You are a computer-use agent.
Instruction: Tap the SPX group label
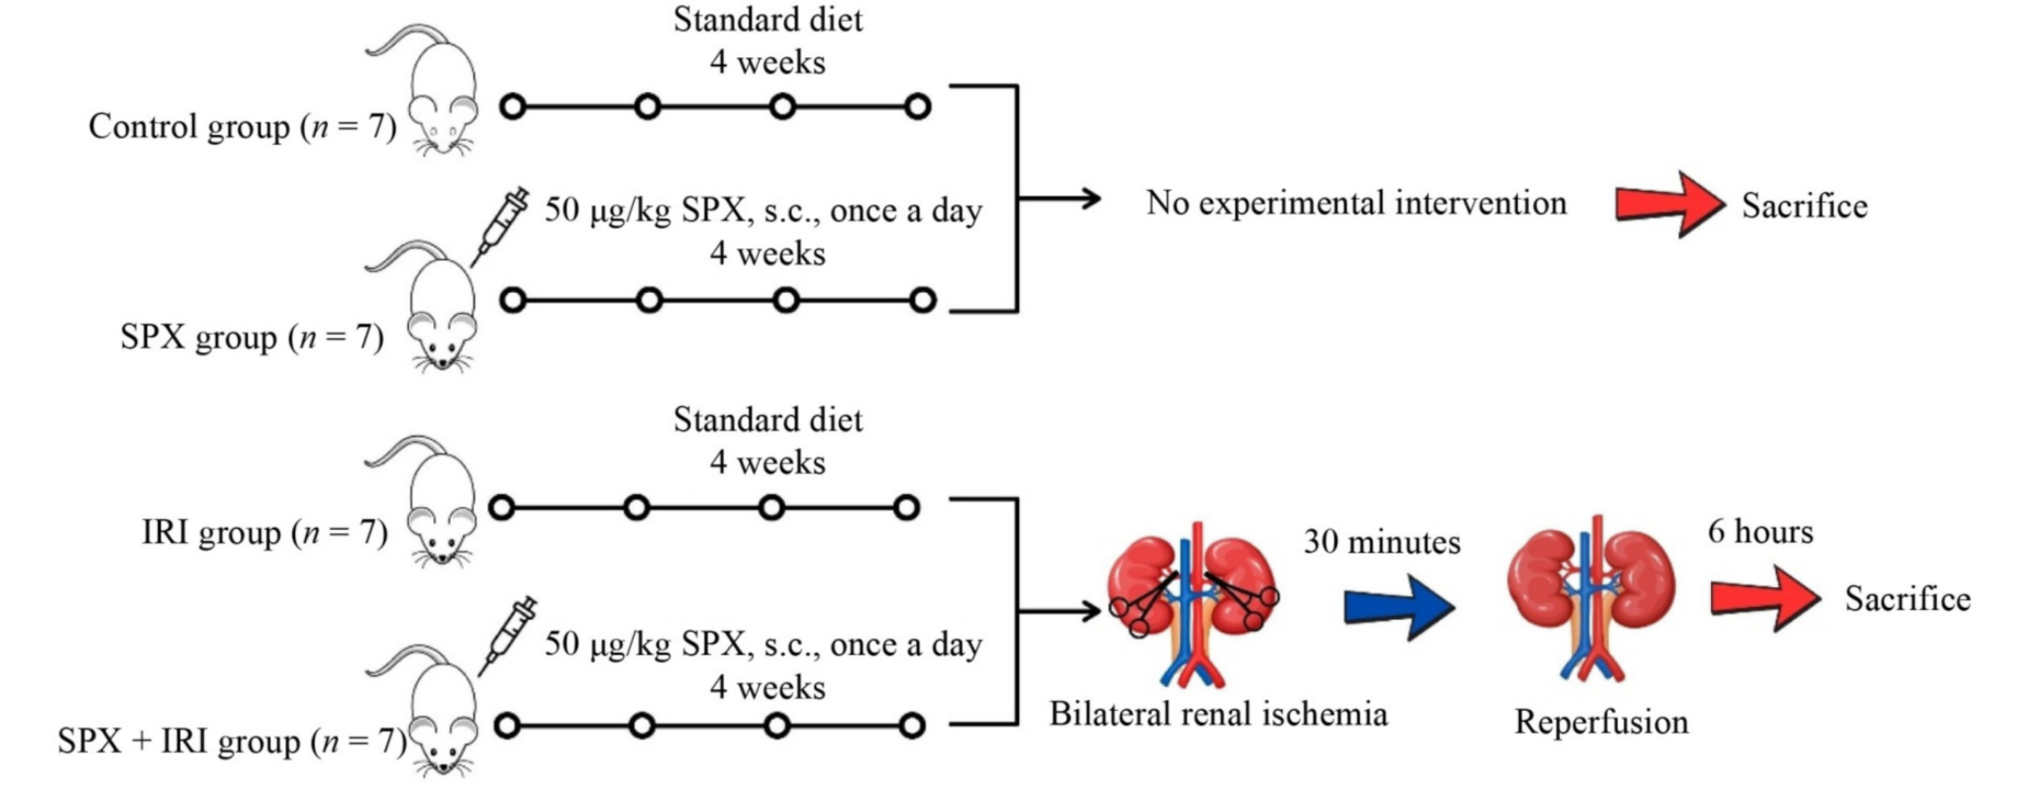coord(251,338)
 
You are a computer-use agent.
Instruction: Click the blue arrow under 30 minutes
coord(1398,607)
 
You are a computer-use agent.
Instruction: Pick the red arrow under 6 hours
coord(1764,598)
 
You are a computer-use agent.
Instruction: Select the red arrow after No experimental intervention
coord(1669,204)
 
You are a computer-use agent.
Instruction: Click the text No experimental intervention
coord(1356,203)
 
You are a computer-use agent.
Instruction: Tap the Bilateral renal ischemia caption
coord(1218,713)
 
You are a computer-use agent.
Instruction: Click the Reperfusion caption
coord(1601,722)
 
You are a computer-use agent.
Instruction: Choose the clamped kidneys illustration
coord(1191,600)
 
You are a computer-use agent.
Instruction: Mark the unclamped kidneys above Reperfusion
coord(1591,596)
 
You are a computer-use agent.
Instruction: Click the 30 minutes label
coord(1381,541)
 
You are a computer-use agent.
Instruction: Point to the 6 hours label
coord(1759,531)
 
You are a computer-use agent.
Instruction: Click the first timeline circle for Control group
coord(514,107)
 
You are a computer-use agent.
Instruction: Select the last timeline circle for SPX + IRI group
coord(912,725)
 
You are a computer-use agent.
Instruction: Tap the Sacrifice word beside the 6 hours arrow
coord(1907,599)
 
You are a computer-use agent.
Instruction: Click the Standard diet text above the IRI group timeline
coord(768,420)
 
